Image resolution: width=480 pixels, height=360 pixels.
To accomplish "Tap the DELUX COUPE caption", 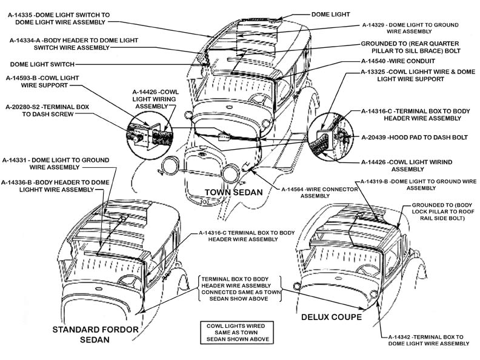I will pyautogui.click(x=332, y=317).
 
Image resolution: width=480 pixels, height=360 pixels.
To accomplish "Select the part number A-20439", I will pyautogui.click(x=376, y=138).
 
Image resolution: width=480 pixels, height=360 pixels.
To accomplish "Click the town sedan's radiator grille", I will pyautogui.click(x=201, y=167).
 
